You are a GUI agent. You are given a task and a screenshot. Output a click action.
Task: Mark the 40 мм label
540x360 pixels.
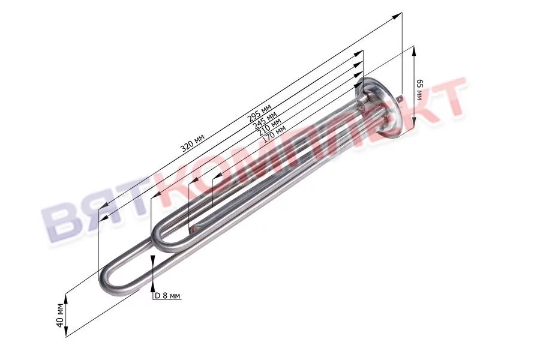[x=60, y=314]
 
